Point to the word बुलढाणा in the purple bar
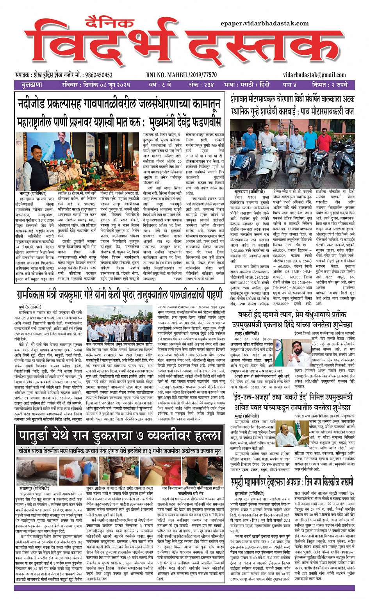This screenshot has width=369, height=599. click(x=32, y=84)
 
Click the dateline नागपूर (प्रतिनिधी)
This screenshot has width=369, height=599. click(x=33, y=193)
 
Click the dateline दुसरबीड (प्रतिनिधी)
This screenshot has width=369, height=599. click(x=250, y=493)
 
